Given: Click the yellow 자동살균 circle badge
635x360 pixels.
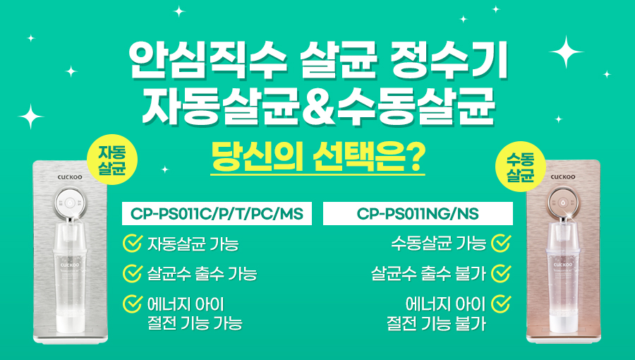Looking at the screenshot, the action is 112,160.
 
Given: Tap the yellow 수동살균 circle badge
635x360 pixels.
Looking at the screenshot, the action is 521,167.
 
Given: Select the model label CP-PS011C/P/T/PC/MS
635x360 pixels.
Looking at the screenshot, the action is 217,213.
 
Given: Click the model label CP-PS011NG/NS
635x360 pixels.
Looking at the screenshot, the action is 418,213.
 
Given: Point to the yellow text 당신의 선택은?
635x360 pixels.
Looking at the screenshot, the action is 318,157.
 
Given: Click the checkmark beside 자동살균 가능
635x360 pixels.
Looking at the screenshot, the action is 132,244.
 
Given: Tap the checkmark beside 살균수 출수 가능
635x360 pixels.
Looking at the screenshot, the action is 132,273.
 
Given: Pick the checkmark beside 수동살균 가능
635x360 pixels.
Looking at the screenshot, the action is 501,244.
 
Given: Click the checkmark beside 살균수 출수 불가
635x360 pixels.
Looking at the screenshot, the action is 501,273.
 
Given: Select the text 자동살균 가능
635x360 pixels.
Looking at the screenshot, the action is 193,244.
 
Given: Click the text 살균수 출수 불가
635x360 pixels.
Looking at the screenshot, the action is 428,274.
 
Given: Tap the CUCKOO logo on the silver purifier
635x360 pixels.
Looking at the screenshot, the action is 70,177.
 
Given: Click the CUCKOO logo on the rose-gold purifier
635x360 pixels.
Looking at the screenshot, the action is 563,177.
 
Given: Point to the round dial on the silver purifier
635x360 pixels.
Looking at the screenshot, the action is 71,202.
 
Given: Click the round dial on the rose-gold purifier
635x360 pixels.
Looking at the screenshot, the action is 563,202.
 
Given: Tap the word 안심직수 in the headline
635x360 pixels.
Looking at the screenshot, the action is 208,60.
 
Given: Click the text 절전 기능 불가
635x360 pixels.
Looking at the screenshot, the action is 436,323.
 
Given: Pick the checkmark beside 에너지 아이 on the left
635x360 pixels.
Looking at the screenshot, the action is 132,304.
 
